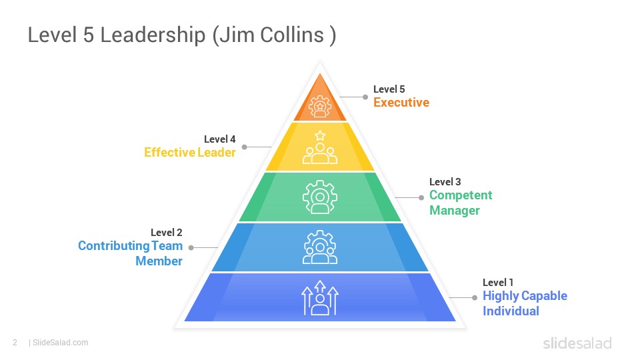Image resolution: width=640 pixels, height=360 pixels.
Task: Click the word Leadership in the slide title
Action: coord(153,35)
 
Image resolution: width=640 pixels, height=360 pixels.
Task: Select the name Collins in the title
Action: coord(292,35)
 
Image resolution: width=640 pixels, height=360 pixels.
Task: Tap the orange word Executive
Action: coord(401,103)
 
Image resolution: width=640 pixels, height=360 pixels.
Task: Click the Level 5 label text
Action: coord(389,89)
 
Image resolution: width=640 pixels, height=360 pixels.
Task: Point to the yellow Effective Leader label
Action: coord(190,152)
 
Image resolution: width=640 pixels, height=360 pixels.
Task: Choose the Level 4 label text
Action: coord(219,139)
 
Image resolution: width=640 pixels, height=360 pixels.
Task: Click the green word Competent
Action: coord(461,195)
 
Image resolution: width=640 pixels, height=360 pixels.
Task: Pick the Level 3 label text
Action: coord(445,181)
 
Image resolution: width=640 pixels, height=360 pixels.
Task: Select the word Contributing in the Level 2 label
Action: coord(113,246)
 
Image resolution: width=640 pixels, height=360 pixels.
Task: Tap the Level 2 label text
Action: coord(166,233)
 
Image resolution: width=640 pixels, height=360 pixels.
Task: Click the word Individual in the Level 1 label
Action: coord(511,311)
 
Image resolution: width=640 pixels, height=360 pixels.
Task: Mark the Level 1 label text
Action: coord(498,283)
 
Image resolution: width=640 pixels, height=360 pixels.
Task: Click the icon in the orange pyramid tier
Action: coord(320,106)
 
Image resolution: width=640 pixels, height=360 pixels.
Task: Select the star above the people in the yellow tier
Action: coord(320,135)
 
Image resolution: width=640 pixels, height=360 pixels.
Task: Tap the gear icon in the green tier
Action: coord(320,197)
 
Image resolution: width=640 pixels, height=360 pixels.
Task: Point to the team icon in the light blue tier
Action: coord(320,247)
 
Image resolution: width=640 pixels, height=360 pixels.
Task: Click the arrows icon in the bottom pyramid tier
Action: coord(320,298)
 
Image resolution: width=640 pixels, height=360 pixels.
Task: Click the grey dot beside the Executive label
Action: coord(365,97)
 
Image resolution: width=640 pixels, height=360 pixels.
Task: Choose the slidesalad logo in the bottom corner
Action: coord(577,343)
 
